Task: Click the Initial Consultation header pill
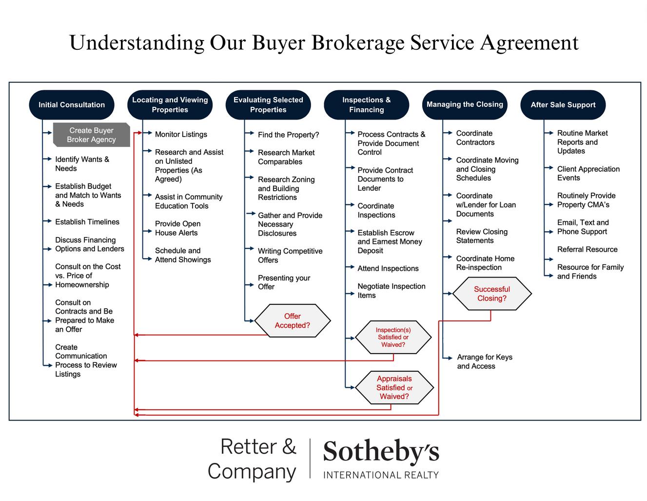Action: pyautogui.click(x=72, y=105)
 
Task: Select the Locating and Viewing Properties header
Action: pyautogui.click(x=170, y=105)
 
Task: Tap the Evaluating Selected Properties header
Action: pyautogui.click(x=268, y=105)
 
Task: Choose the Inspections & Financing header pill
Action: pyautogui.click(x=366, y=105)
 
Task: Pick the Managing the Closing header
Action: pyautogui.click(x=465, y=104)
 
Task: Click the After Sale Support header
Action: pyautogui.click(x=563, y=105)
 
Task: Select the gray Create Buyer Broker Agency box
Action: pyautogui.click(x=91, y=135)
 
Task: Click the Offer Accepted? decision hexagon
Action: pyautogui.click(x=292, y=321)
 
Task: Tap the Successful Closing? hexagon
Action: pyautogui.click(x=491, y=294)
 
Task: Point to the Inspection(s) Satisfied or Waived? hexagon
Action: pyautogui.click(x=393, y=337)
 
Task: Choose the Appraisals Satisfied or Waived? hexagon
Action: pyautogui.click(x=394, y=387)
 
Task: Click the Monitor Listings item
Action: pyautogui.click(x=181, y=134)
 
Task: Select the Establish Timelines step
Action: pyautogui.click(x=87, y=222)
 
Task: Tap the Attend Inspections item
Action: pyautogui.click(x=388, y=268)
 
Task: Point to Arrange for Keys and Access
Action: pyautogui.click(x=484, y=361)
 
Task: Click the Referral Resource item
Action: pyautogui.click(x=587, y=249)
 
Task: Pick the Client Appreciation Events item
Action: pyautogui.click(x=588, y=173)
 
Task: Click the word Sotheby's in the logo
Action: pyautogui.click(x=381, y=452)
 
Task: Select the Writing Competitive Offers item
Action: pyautogui.click(x=290, y=256)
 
